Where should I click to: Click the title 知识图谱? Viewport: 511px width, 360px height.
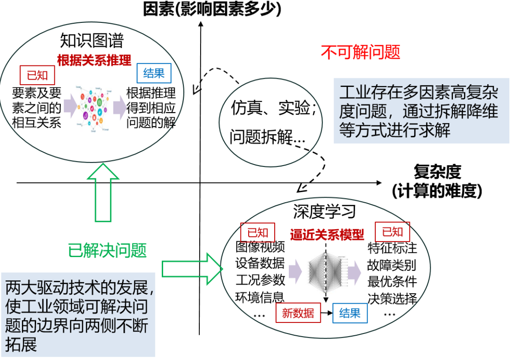[x=92, y=41]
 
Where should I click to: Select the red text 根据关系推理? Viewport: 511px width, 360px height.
[x=94, y=60]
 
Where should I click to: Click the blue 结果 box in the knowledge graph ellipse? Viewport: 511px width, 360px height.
[x=154, y=73]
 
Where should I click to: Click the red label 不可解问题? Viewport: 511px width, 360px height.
[x=360, y=52]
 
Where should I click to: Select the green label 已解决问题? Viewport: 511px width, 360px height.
[x=107, y=250]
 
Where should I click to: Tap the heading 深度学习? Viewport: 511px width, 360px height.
[x=325, y=211]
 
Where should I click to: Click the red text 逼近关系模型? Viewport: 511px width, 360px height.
[x=327, y=235]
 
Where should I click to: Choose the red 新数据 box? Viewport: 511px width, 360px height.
[x=298, y=313]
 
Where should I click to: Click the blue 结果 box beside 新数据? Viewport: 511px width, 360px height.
[x=350, y=313]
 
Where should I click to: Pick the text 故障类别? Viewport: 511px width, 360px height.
[x=392, y=265]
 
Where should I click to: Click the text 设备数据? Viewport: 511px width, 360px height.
[x=260, y=263]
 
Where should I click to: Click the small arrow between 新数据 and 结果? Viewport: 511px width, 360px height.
[x=326, y=313]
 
